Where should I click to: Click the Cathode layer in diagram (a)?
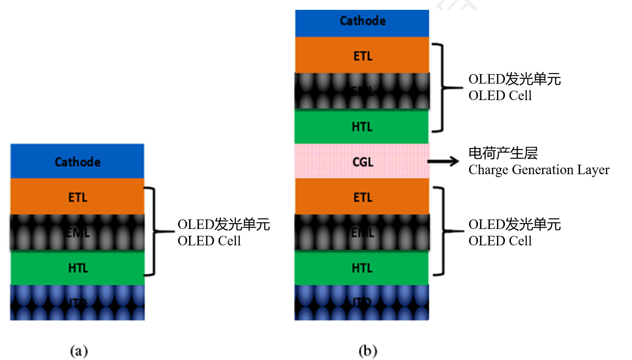point(77,161)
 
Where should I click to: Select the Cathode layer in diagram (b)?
point(362,23)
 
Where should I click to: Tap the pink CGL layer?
point(362,161)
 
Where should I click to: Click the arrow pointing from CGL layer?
point(443,161)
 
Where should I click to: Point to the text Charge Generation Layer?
point(539,170)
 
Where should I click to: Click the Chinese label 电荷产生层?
point(503,153)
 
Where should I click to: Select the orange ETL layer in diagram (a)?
point(77,197)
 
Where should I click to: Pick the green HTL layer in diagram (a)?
point(77,268)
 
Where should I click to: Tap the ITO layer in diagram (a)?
point(77,303)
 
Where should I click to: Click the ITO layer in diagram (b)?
point(362,303)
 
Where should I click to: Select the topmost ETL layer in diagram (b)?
point(362,55)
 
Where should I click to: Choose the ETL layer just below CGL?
point(362,197)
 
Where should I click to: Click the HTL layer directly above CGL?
point(362,126)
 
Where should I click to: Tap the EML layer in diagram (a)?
point(77,232)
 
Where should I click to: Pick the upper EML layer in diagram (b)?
point(362,91)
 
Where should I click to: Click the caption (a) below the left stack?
point(79,351)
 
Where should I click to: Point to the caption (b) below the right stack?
point(368,351)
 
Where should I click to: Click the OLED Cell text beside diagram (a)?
point(209,241)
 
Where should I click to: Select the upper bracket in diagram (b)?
point(442,88)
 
